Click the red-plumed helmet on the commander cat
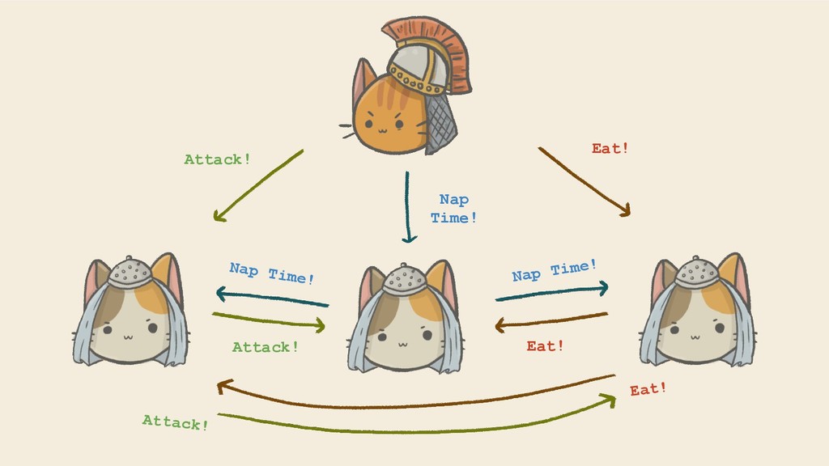click(421, 61)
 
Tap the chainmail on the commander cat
click(441, 121)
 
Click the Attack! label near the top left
click(217, 159)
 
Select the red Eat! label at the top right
click(610, 149)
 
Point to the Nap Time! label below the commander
click(453, 209)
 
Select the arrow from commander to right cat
click(584, 181)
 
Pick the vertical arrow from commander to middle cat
click(408, 206)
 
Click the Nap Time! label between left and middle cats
click(271, 273)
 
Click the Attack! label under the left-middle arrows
click(266, 347)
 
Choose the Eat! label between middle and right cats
click(545, 346)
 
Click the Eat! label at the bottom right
click(648, 389)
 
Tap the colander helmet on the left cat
click(130, 272)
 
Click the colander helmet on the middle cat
click(404, 278)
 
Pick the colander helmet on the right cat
click(696, 272)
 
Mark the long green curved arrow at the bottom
click(413, 430)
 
